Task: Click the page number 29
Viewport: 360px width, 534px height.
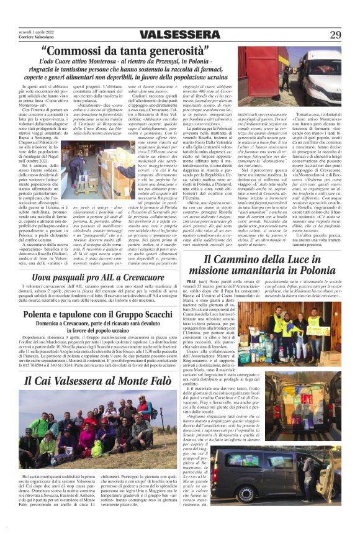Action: tap(335, 34)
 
